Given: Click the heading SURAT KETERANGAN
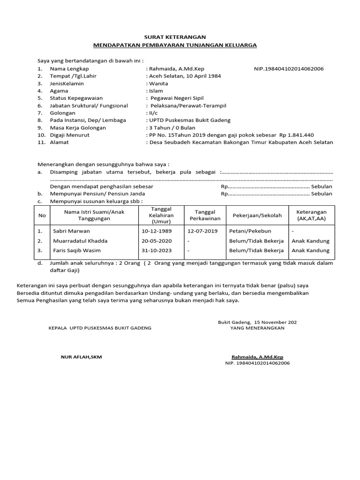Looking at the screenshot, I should click(x=174, y=37).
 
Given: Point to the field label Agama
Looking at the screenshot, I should click(x=59, y=91).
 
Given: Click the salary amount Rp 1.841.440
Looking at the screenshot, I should click(x=297, y=135).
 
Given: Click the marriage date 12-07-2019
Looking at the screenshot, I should click(x=202, y=231).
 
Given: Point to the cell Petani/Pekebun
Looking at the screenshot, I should click(x=250, y=231).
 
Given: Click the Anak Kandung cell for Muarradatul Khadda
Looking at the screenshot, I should click(x=310, y=241).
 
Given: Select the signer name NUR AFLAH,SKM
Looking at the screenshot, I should click(x=81, y=357).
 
